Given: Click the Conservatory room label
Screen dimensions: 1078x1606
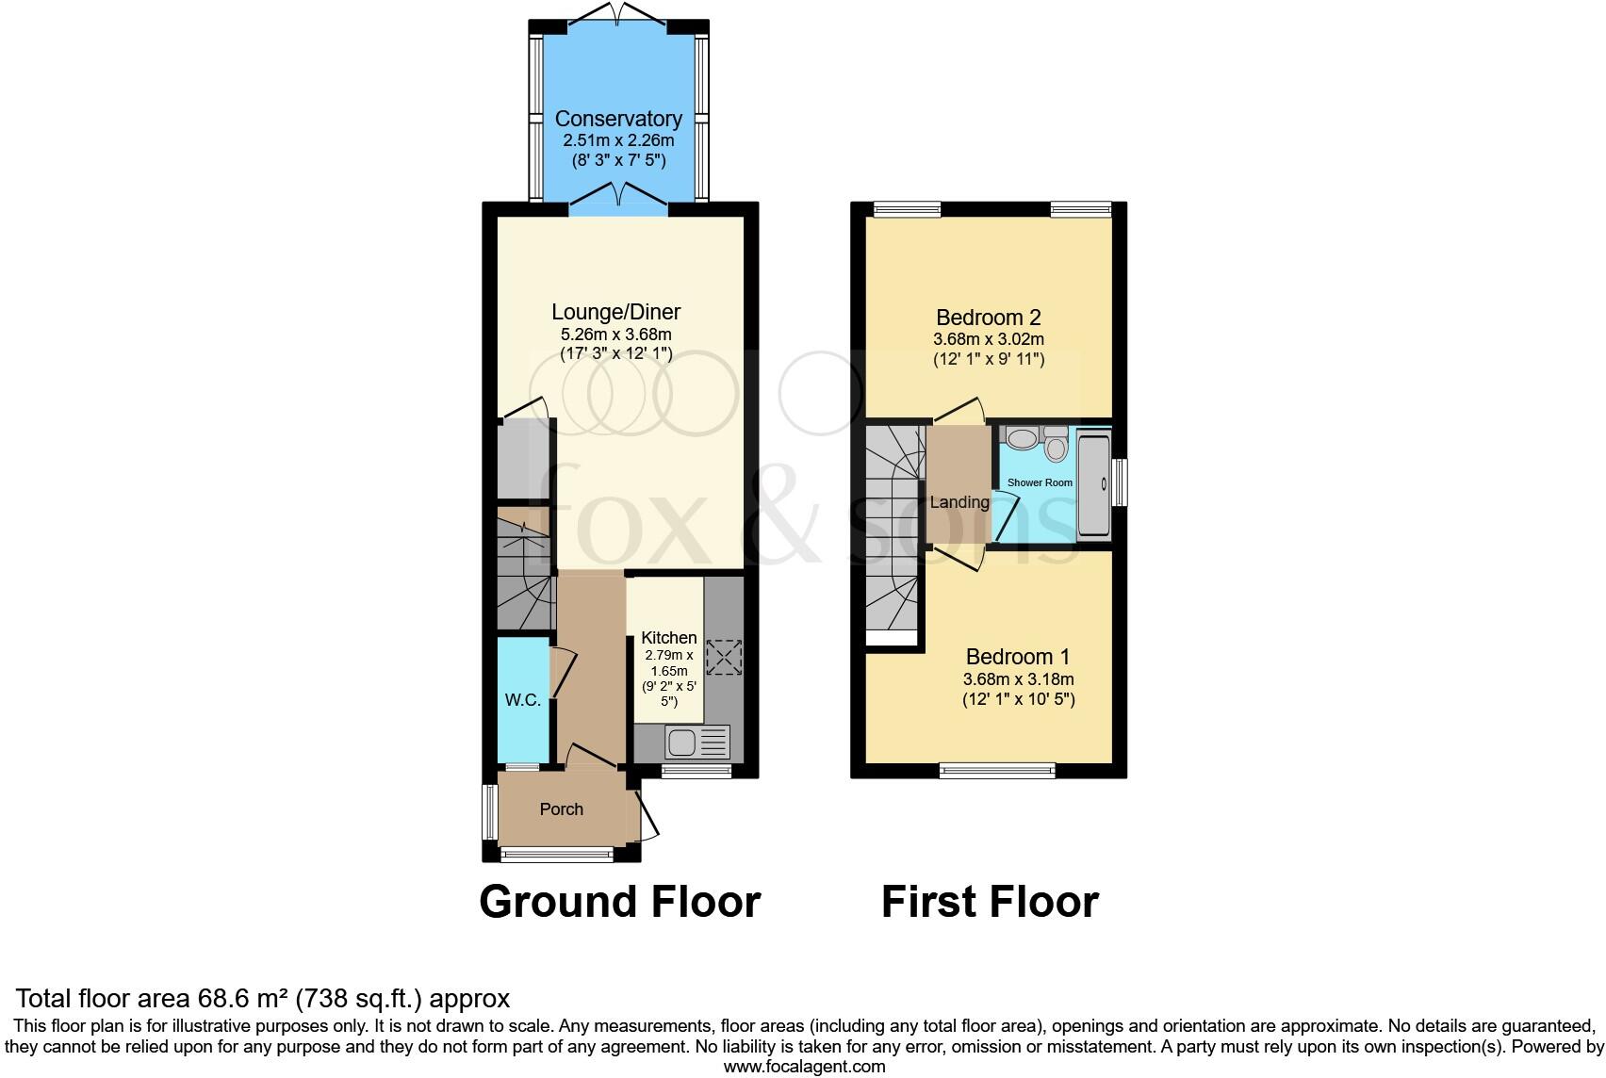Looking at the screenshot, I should pos(618,119).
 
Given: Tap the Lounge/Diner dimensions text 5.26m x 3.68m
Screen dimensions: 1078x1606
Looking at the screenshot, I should pos(616,335).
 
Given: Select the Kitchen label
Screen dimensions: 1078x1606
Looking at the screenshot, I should pos(668,638).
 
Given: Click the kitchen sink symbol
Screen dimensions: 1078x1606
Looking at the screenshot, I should pos(697,743).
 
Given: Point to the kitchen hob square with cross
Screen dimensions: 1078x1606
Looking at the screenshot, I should pos(723,658).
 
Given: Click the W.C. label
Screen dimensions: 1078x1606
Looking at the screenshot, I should pos(522,700).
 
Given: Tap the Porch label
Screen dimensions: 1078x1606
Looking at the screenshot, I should pos(562,809).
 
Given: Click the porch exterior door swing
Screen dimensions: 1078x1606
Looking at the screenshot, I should pos(648,816).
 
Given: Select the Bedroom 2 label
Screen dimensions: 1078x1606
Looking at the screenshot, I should pos(988,318).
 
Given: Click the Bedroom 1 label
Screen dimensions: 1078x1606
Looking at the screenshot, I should pos(1018,657).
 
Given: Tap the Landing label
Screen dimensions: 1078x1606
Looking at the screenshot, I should pos(959,502).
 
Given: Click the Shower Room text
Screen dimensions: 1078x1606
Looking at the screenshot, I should pos(1040,482).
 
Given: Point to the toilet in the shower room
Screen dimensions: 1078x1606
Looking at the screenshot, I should pos(1055,445).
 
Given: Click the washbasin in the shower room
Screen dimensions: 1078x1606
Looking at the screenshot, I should pos(1020,438).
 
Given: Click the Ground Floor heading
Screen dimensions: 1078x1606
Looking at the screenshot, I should pos(619,902).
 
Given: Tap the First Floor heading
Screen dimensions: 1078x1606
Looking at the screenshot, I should pos(990,902).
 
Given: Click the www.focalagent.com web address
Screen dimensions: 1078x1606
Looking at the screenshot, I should pos(804,1067).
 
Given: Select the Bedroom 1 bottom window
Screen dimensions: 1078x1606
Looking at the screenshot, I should pos(997,772).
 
